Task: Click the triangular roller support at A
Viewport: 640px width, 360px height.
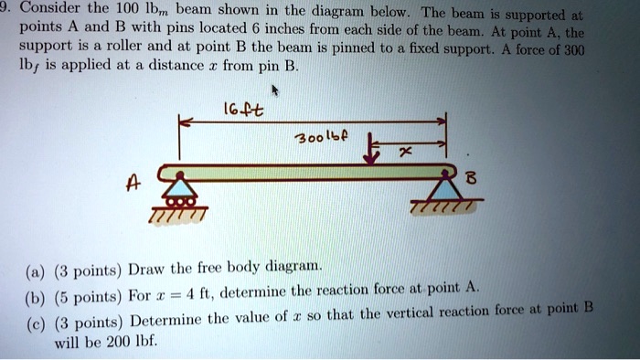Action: (x=179, y=189)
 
